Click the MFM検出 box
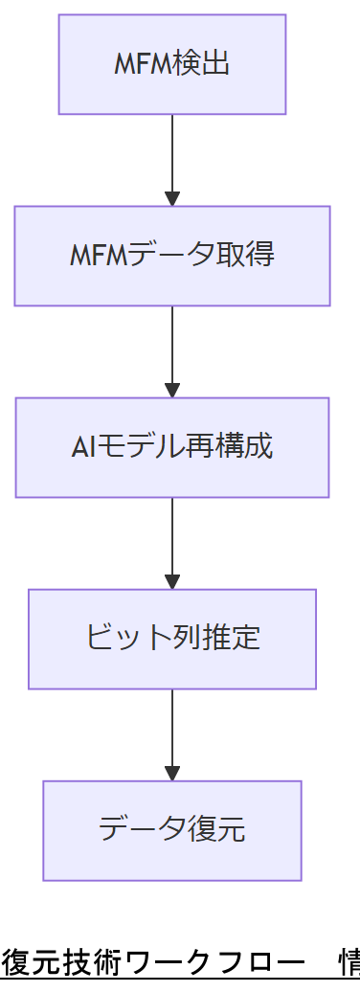pyautogui.click(x=172, y=64)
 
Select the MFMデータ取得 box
pyautogui.click(x=172, y=256)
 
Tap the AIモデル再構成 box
pyautogui.click(x=172, y=447)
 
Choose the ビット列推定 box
pyautogui.click(x=172, y=639)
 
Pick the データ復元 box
pyautogui.click(x=172, y=830)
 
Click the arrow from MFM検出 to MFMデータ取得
pyautogui.click(x=172, y=153)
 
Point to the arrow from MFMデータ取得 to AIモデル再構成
pyautogui.click(x=172, y=345)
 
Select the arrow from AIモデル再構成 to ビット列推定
pyautogui.click(x=172, y=536)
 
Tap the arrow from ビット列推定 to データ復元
pyautogui.click(x=172, y=728)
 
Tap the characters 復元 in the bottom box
pyautogui.click(x=220, y=830)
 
